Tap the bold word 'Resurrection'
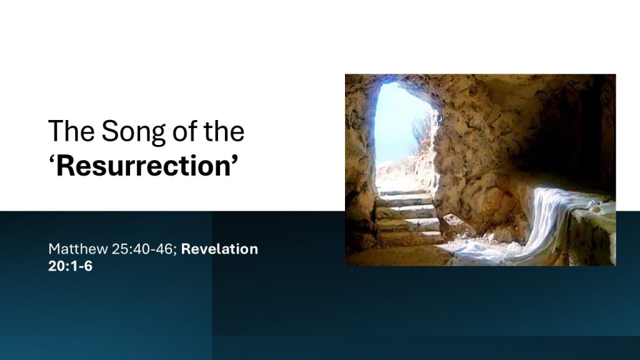[144, 166]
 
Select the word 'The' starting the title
[71, 131]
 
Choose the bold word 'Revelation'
[219, 249]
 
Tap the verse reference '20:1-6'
[70, 266]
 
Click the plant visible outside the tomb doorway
[422, 135]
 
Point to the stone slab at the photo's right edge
[594, 235]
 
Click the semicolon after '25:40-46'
[175, 250]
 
